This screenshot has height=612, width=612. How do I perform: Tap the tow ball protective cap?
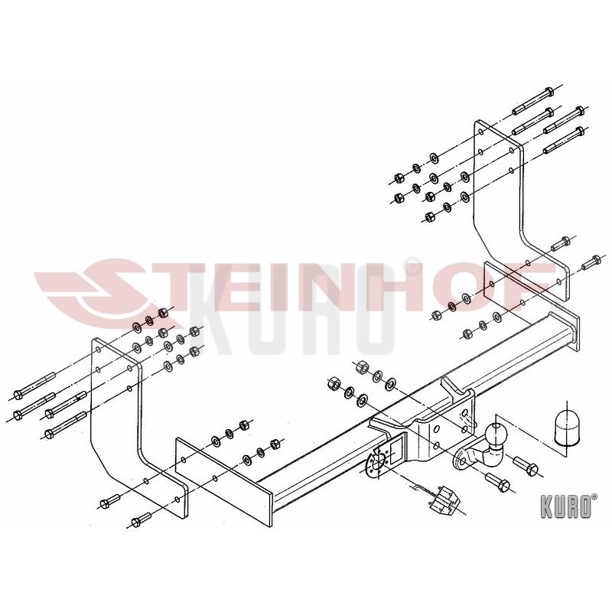click(x=566, y=428)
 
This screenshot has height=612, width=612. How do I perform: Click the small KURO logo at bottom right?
click(x=568, y=506)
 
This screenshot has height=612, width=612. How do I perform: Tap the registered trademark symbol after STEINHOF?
click(x=412, y=266)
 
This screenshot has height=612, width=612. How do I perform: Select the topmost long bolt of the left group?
click(x=34, y=386)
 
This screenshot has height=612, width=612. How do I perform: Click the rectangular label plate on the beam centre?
click(x=396, y=451)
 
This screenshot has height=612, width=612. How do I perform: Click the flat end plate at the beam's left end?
click(x=223, y=483)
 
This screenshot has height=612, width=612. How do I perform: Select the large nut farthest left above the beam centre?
click(x=335, y=383)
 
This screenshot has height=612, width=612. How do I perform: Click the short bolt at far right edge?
click(x=591, y=262)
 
